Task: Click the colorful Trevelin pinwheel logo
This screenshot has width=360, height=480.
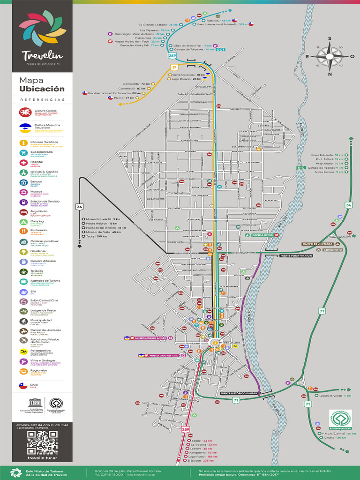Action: pyautogui.click(x=39, y=30)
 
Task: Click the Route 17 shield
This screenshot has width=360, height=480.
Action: pyautogui.click(x=174, y=67)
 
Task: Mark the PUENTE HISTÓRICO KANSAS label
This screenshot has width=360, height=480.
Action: pyautogui.click(x=239, y=393)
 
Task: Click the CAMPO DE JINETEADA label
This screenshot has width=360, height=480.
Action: pyautogui.click(x=317, y=244)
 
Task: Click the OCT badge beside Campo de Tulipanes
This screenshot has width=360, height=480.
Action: pyautogui.click(x=221, y=49)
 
